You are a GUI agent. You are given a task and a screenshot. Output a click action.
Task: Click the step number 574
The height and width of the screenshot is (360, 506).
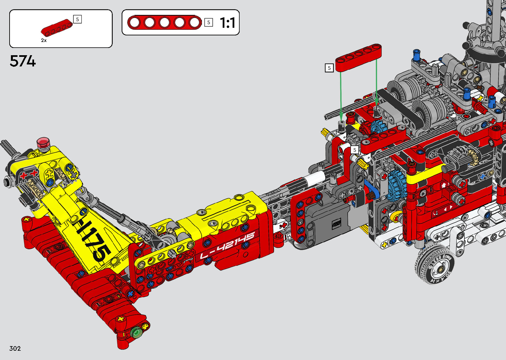pos(23,61)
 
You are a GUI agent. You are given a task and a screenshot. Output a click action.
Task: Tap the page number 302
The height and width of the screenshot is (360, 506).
pos(15,348)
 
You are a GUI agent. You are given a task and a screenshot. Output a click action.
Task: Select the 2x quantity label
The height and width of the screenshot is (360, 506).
pos(44,40)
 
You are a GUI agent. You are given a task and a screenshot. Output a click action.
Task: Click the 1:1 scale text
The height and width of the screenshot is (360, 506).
pos(227,22)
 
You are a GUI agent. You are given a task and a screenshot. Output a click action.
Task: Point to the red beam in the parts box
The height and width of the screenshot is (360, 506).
pos(57,27)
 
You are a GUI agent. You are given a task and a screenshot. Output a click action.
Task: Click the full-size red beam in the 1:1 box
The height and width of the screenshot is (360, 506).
pos(165,22)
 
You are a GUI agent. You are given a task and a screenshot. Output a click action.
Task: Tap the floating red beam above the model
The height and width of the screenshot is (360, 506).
pos(358,58)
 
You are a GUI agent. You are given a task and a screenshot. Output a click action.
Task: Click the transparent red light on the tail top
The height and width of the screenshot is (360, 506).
pos(43,143)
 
